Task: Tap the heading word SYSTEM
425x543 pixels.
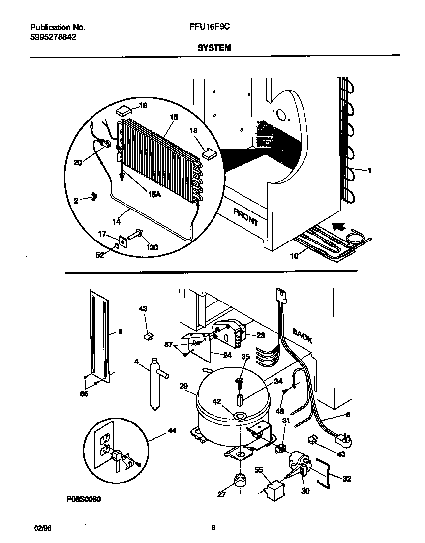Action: pyautogui.click(x=214, y=48)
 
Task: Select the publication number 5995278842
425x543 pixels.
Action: pyautogui.click(x=53, y=37)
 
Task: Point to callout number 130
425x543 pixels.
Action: pyautogui.click(x=152, y=247)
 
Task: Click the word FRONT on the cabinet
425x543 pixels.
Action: pyautogui.click(x=246, y=216)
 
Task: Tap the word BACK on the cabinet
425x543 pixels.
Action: pyautogui.click(x=302, y=335)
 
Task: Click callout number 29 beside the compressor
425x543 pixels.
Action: pyautogui.click(x=184, y=387)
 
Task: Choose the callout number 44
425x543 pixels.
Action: pyautogui.click(x=172, y=431)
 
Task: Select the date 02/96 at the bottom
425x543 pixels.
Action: pyautogui.click(x=43, y=528)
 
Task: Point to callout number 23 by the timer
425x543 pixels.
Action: pyautogui.click(x=260, y=335)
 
